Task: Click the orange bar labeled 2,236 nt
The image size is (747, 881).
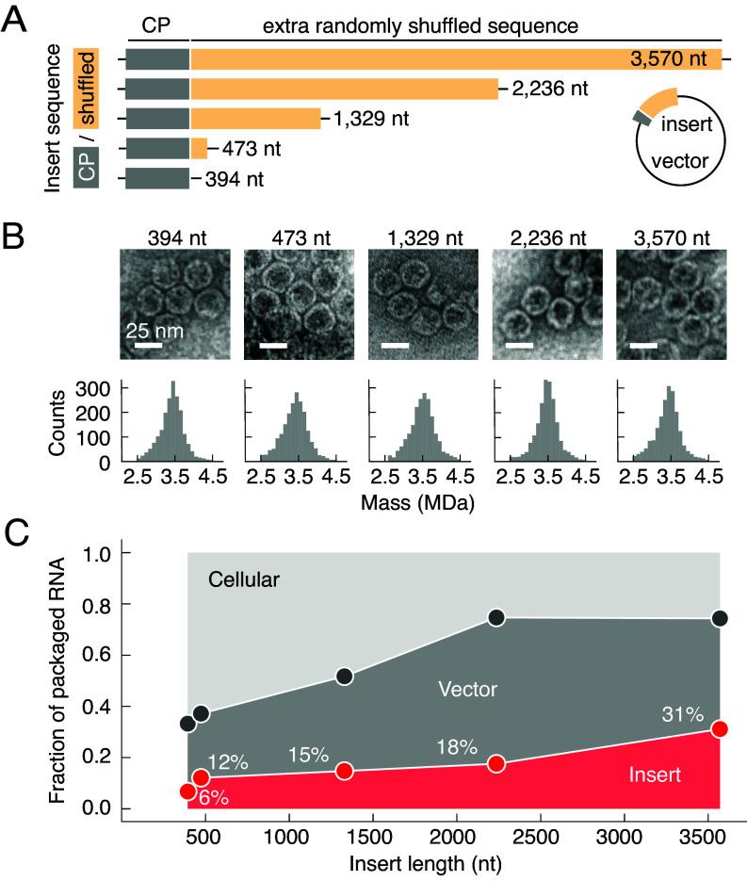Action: pos(344,90)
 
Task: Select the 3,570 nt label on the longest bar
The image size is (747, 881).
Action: pos(670,59)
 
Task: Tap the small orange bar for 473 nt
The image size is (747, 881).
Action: pos(199,149)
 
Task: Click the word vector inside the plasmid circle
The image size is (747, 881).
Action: pos(679,160)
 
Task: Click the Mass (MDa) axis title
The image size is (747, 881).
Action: pos(416,503)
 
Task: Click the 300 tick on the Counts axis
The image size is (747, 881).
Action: pos(100,387)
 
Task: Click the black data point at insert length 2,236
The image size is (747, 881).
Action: pos(496,617)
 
